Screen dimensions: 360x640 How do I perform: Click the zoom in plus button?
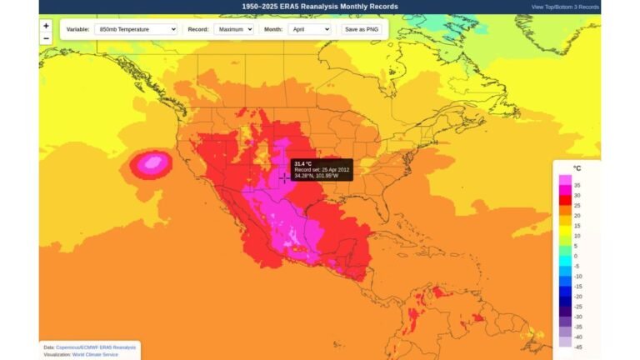point(46,26)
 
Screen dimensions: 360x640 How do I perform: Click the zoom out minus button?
point(46,38)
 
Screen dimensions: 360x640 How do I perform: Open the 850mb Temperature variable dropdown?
point(136,29)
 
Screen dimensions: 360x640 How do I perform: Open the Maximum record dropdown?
point(233,29)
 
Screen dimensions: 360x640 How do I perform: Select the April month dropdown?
point(309,29)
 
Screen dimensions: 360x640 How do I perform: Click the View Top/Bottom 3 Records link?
point(565,7)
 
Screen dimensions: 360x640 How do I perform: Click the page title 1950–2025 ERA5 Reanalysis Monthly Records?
point(320,7)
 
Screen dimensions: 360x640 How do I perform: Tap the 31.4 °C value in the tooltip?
point(303,163)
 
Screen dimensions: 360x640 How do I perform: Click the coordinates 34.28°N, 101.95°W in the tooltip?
point(317,176)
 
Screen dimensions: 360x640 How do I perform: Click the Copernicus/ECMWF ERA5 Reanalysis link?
point(96,347)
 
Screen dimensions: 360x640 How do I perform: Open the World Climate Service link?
point(94,354)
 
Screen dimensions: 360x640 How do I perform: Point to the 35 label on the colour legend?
point(577,185)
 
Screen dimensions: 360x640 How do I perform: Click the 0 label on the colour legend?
point(577,256)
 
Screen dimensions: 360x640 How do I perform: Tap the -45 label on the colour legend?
point(577,347)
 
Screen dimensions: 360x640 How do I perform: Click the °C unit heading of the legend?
point(577,168)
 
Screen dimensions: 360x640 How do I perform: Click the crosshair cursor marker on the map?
point(284,178)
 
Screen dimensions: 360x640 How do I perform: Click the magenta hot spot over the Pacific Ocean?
point(151,163)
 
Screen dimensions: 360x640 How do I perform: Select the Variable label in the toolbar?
point(77,29)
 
